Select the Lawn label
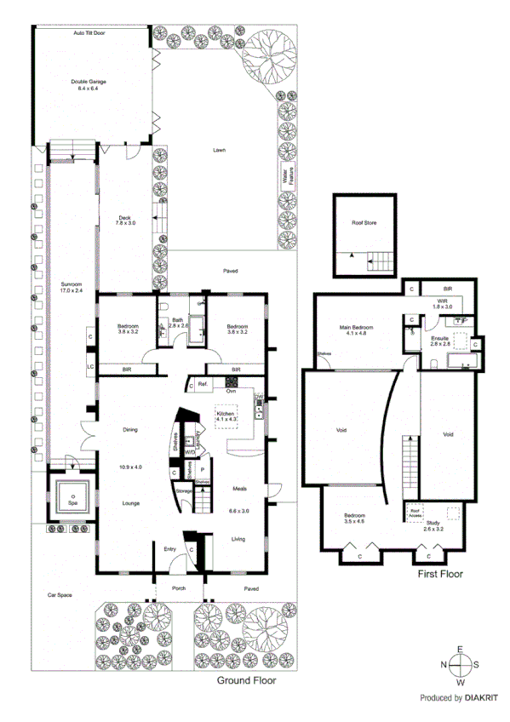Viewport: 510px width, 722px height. pos(220,150)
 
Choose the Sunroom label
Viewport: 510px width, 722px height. pos(72,287)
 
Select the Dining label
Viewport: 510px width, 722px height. pos(130,430)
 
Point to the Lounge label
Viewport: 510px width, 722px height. pos(130,503)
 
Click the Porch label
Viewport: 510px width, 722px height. pos(179,587)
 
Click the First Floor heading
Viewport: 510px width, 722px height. pos(439,575)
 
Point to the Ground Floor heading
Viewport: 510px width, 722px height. pos(246,681)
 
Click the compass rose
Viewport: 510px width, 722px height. pos(461,665)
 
